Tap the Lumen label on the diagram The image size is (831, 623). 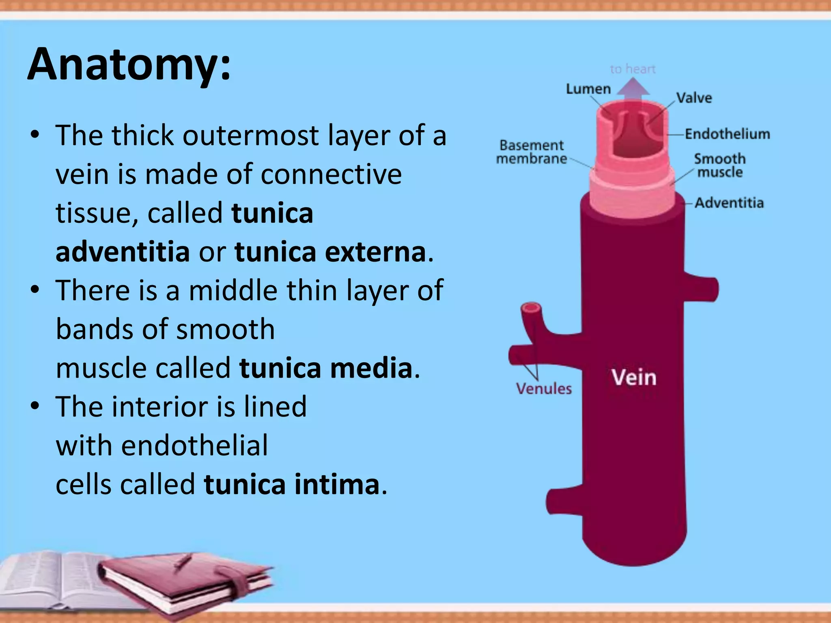tap(588, 89)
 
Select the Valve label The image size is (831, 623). tap(694, 98)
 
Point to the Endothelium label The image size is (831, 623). tap(727, 134)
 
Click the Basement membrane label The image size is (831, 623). tap(531, 152)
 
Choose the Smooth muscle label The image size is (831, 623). tap(720, 165)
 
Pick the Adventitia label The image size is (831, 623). tap(729, 202)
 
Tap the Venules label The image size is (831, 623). tap(544, 389)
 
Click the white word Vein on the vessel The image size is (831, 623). tap(634, 377)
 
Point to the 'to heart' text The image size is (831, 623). tap(633, 69)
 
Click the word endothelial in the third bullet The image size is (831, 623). tap(194, 445)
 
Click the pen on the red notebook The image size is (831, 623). tap(182, 562)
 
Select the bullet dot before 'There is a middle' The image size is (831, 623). tap(35, 290)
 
